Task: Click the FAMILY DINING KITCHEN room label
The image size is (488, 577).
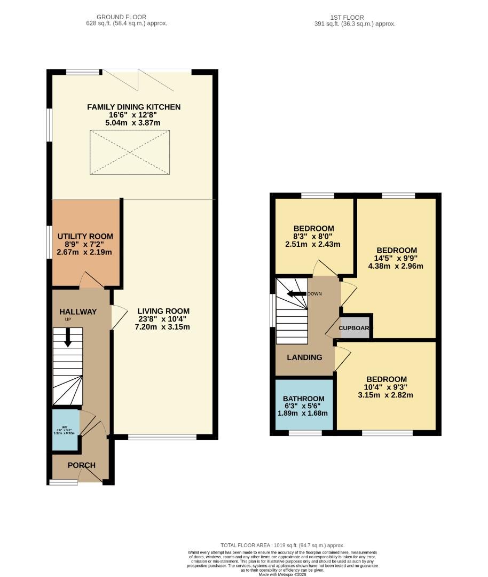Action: (x=134, y=107)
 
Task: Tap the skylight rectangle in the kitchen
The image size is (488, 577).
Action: (x=130, y=152)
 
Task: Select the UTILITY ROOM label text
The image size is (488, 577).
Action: (x=85, y=236)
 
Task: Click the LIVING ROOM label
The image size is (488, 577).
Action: (x=163, y=311)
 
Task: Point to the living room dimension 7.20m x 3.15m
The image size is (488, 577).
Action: (x=163, y=327)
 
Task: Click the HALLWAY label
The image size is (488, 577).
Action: (x=78, y=311)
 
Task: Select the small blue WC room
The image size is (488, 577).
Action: (x=65, y=431)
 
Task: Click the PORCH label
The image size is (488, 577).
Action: (x=81, y=465)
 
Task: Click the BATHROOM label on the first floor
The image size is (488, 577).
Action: (x=304, y=399)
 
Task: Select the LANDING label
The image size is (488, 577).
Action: (x=304, y=357)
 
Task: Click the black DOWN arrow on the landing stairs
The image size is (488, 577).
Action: (x=296, y=293)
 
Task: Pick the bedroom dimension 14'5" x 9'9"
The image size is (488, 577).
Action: (x=397, y=258)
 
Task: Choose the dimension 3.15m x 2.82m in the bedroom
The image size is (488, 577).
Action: (x=386, y=395)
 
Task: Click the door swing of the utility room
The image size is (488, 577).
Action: (x=91, y=280)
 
